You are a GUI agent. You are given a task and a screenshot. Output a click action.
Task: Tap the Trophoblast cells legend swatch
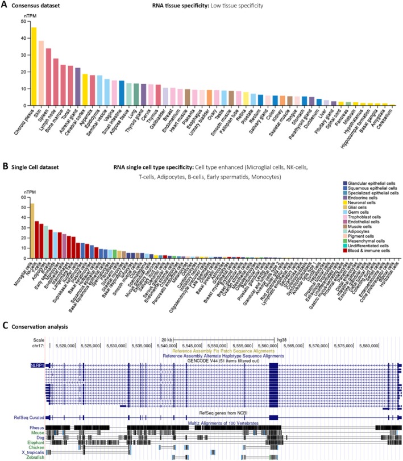point(332,215)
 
